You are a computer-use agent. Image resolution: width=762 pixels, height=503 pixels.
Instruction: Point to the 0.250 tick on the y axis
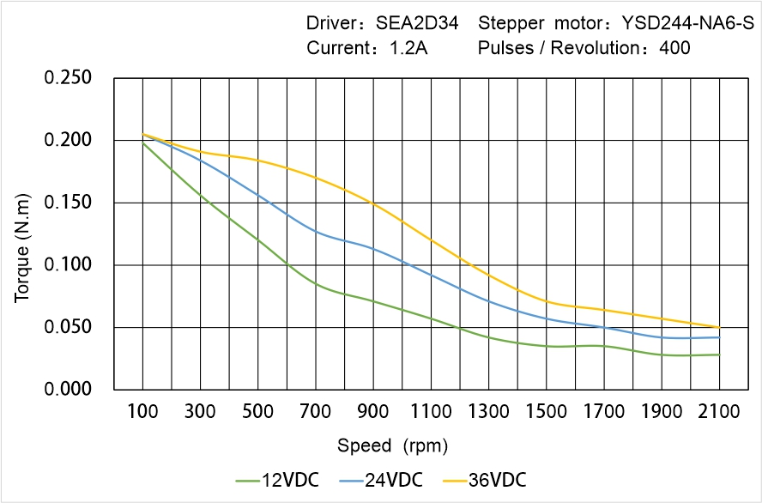pyautogui.click(x=68, y=78)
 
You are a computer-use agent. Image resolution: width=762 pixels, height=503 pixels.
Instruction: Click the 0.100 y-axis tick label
pyautogui.click(x=68, y=265)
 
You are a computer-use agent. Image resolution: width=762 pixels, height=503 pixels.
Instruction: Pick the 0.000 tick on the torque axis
pyautogui.click(x=68, y=390)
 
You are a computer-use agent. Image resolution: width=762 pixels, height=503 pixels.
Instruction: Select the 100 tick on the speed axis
pyautogui.click(x=142, y=413)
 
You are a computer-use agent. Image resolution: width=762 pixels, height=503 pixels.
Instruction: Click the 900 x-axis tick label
pyautogui.click(x=373, y=413)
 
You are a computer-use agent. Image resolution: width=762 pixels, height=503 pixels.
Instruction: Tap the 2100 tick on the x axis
pyautogui.click(x=719, y=413)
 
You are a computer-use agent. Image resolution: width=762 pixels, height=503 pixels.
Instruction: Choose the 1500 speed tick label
pyautogui.click(x=546, y=413)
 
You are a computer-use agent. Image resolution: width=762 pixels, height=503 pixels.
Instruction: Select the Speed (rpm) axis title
pyautogui.click(x=392, y=445)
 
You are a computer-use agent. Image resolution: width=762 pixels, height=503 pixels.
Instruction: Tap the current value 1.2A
pyautogui.click(x=408, y=48)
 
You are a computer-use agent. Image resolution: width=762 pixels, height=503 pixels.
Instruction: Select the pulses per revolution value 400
pyautogui.click(x=674, y=48)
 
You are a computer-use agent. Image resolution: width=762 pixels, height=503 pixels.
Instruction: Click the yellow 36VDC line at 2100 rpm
pyautogui.click(x=719, y=327)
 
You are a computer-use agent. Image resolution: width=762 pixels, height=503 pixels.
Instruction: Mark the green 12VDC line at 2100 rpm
pyautogui.click(x=719, y=355)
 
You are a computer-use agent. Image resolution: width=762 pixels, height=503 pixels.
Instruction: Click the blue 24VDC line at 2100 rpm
pyautogui.click(x=719, y=337)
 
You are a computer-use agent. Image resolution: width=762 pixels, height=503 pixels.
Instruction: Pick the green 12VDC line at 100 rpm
pyautogui.click(x=142, y=142)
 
